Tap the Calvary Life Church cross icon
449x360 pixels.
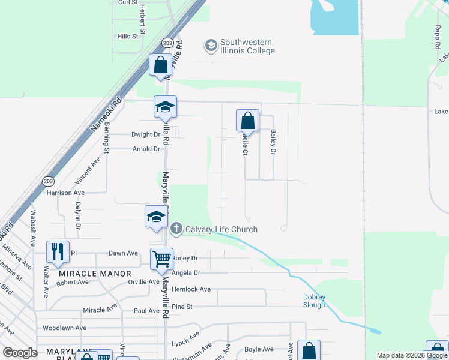click(176, 229)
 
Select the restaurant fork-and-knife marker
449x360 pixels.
click(58, 252)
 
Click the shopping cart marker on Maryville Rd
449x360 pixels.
click(161, 259)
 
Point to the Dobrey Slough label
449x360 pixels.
click(314, 301)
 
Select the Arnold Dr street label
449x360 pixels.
click(146, 149)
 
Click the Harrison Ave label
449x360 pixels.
click(65, 193)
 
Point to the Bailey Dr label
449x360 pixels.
click(273, 143)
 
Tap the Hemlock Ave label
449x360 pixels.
click(191, 289)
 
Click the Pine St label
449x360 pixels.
click(181, 307)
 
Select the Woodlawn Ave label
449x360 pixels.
click(64, 328)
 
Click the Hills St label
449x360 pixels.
click(128, 37)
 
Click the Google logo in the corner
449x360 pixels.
click(20, 352)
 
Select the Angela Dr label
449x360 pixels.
click(185, 272)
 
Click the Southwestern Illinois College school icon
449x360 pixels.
click(211, 46)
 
